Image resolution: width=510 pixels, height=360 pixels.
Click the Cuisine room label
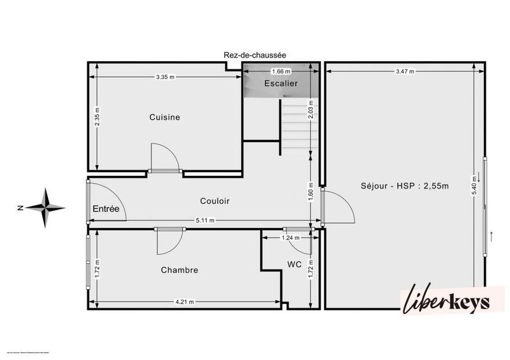tap(164, 117)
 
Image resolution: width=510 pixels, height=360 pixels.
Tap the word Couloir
tap(214, 201)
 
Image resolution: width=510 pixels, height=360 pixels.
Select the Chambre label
tap(179, 270)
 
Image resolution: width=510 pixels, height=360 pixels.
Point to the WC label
tap(294, 264)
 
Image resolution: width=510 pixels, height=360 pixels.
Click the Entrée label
tap(106, 208)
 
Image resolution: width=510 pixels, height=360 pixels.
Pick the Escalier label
tap(280, 83)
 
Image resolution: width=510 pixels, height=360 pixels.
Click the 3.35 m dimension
tap(164, 76)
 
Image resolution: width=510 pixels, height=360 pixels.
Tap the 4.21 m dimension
tap(185, 302)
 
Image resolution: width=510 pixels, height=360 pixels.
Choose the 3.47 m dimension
tap(404, 71)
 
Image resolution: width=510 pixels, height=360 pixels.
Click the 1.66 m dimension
tap(280, 71)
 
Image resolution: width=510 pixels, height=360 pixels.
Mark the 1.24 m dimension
tap(290, 238)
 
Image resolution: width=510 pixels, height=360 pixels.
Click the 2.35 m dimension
tap(97, 116)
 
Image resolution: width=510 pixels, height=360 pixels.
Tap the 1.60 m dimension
tap(310, 191)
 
